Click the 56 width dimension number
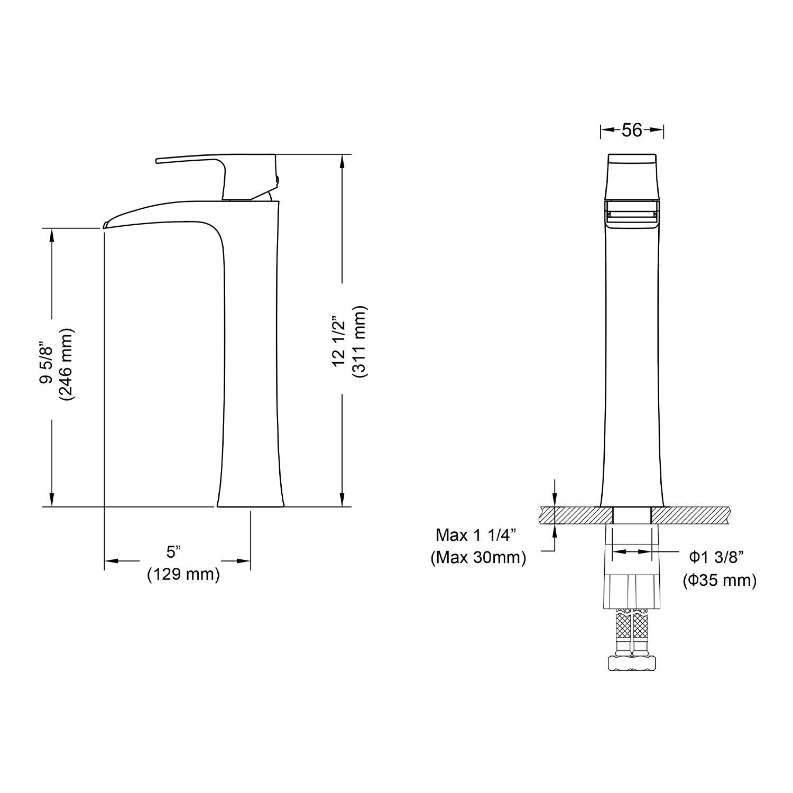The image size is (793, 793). [x=632, y=130]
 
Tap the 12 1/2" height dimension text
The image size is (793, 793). [x=338, y=342]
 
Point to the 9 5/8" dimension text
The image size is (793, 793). [x=47, y=364]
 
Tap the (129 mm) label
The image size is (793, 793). [x=183, y=574]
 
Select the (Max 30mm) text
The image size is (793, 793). [x=478, y=557]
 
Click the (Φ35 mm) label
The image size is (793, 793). [x=720, y=580]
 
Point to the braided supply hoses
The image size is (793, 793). [x=632, y=626]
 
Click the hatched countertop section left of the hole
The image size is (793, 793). [x=576, y=514]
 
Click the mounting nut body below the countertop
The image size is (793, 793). [x=632, y=587]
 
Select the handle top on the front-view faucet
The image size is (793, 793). [x=632, y=159]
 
